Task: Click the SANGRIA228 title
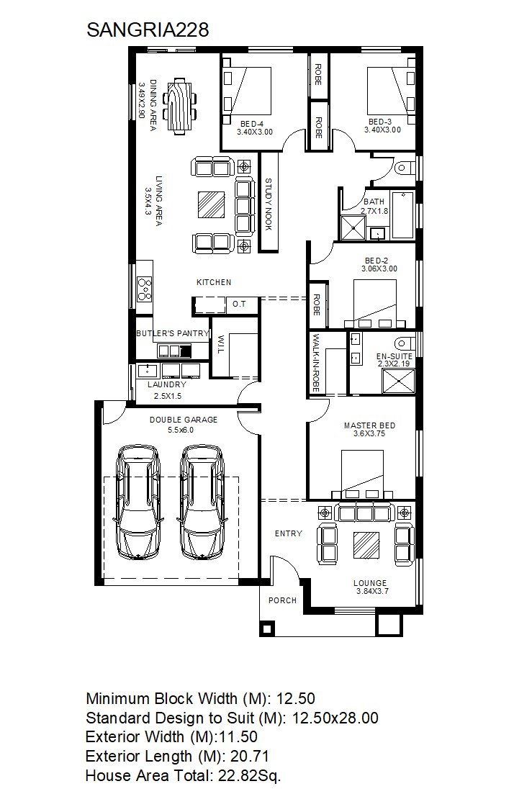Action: [148, 30]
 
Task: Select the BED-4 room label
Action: [252, 124]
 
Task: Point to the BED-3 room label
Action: [380, 122]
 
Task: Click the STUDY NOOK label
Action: [269, 204]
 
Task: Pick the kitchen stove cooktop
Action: [145, 289]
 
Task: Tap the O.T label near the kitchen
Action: [239, 304]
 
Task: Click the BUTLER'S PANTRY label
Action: [173, 333]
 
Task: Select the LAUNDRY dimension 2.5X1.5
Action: [168, 396]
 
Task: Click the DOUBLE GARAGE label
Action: [184, 420]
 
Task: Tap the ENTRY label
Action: [288, 533]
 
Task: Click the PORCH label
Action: [283, 600]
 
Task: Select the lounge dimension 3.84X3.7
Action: [372, 591]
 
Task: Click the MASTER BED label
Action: [370, 426]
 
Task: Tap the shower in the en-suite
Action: [398, 381]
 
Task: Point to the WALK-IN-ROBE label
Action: [316, 363]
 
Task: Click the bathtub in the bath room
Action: [403, 215]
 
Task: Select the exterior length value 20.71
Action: [250, 757]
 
